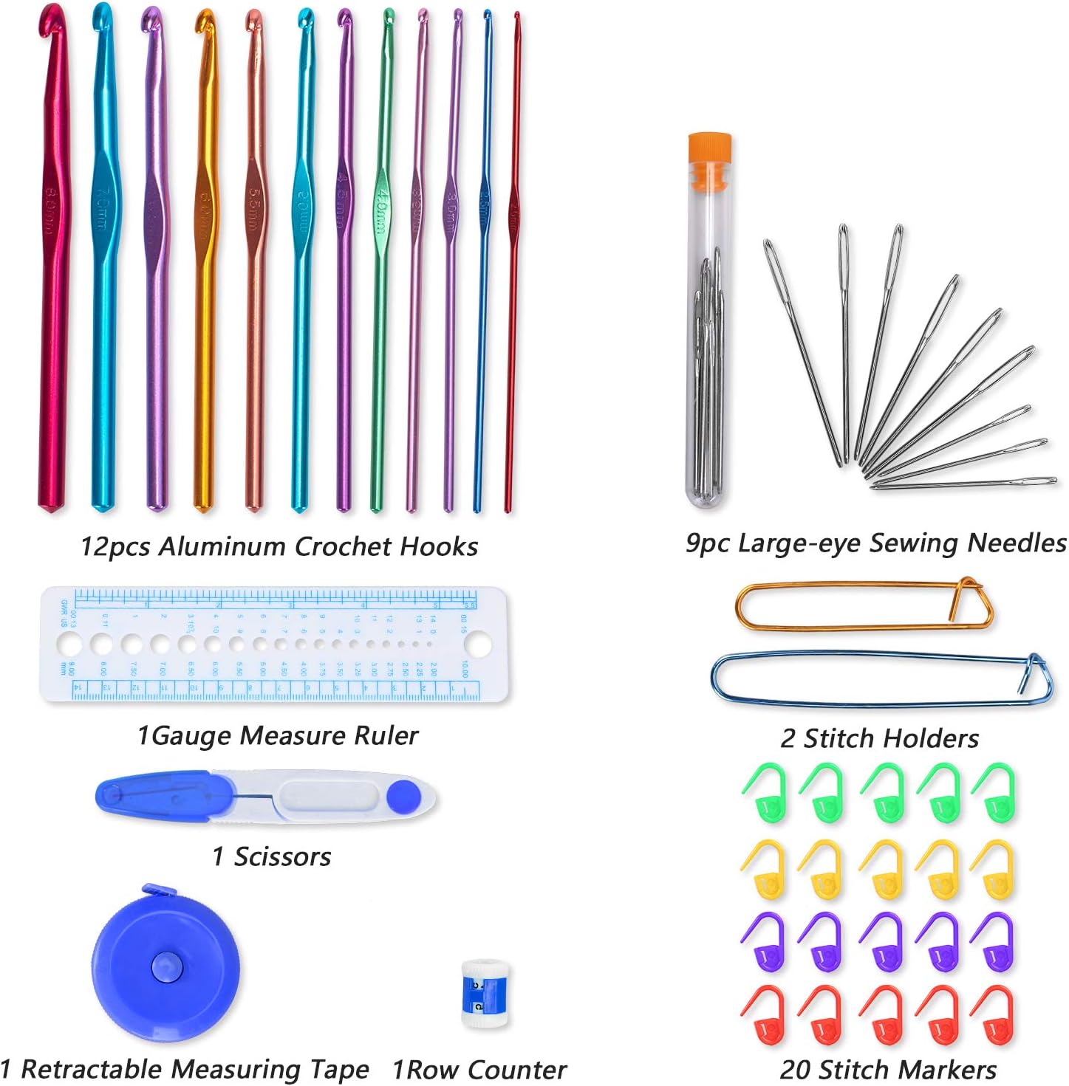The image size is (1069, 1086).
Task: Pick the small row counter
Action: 484,993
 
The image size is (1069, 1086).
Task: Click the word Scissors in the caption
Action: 282,856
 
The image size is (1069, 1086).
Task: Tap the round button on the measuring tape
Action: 164,966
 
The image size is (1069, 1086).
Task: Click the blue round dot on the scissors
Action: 403,796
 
